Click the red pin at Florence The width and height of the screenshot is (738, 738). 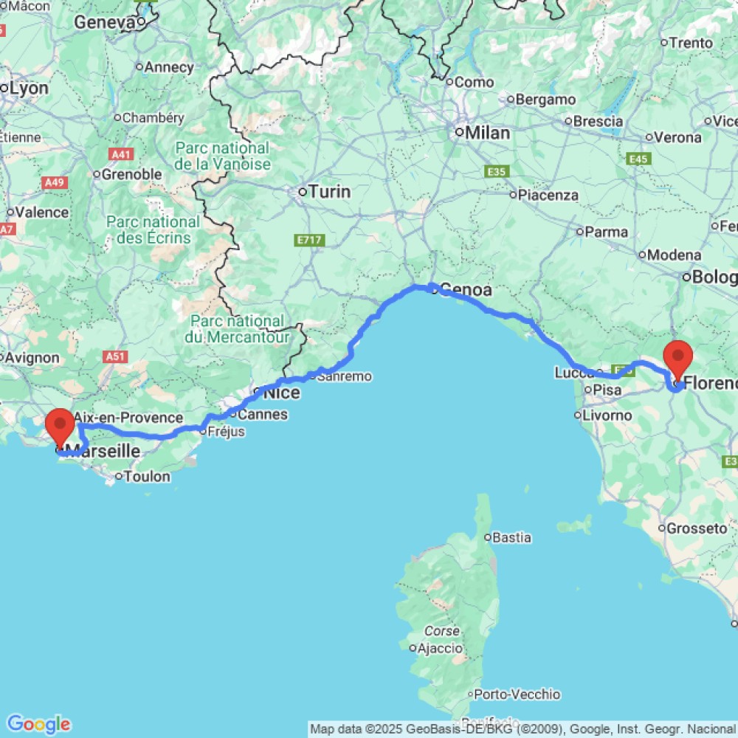click(x=677, y=357)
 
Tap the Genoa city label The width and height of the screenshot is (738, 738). click(x=466, y=290)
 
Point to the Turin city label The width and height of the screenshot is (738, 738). click(x=329, y=192)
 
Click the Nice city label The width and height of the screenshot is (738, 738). click(x=281, y=393)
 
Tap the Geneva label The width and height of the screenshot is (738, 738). click(x=103, y=23)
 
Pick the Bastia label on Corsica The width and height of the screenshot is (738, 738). click(x=511, y=538)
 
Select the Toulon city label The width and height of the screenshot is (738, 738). click(x=147, y=477)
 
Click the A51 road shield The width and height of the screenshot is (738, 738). click(x=114, y=357)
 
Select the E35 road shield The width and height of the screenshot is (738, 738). click(x=497, y=171)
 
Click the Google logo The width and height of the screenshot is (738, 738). click(x=38, y=724)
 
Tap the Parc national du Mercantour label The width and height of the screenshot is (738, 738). click(x=236, y=329)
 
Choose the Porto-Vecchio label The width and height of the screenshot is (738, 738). click(x=517, y=694)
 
